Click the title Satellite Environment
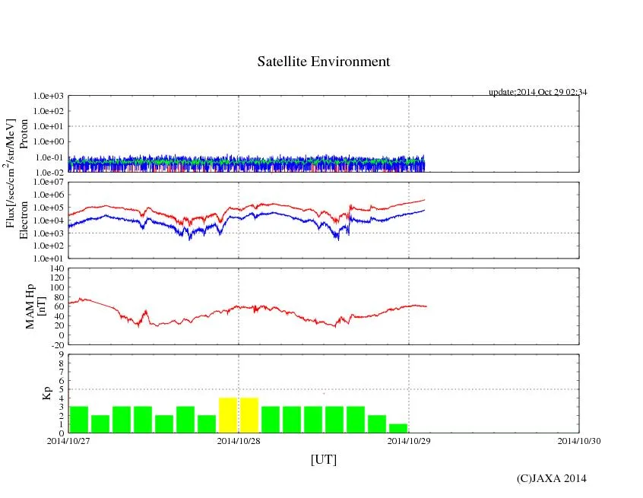tap(323, 62)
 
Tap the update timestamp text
tap(537, 92)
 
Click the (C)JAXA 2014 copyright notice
tap(551, 478)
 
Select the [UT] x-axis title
tap(323, 459)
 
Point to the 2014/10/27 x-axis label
tap(68, 440)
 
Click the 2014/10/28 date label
tap(239, 440)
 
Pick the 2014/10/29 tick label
tap(409, 440)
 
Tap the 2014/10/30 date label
tap(579, 440)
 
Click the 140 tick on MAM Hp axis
tap(56, 268)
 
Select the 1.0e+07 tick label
tap(49, 182)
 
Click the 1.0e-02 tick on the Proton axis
tap(49, 173)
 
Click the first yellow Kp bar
tap(228, 415)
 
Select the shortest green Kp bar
tap(398, 428)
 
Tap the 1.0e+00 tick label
tap(49, 141)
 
